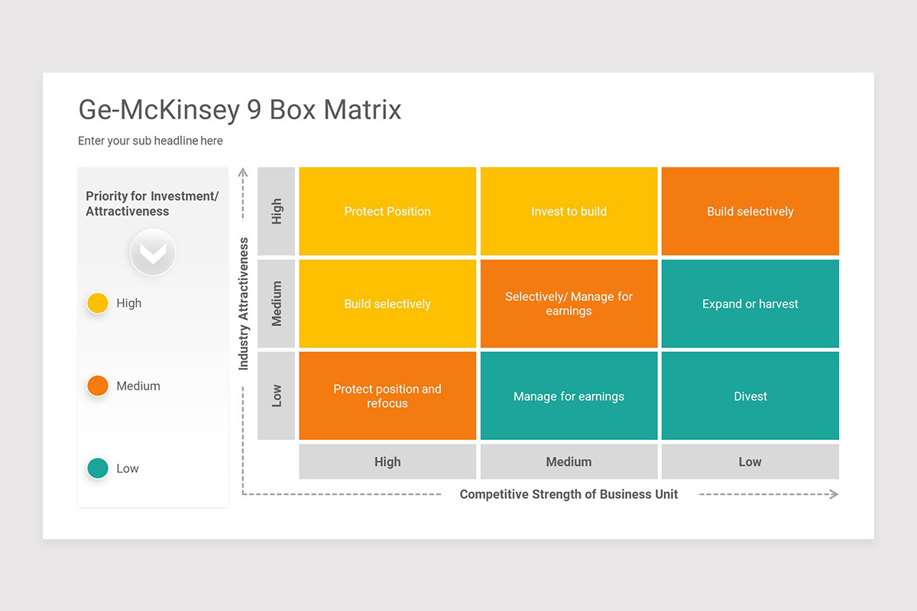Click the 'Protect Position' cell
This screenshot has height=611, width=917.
387,212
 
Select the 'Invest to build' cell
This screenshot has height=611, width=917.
569,212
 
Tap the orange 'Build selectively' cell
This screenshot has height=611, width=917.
750,212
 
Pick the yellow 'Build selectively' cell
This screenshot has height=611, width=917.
387,304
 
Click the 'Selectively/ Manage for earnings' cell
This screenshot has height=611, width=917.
569,304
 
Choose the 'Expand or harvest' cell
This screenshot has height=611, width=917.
750,304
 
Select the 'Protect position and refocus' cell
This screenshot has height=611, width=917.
387,396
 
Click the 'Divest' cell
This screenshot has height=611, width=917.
750,396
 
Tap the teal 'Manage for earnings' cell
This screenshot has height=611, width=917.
569,396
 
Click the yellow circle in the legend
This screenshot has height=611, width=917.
98,303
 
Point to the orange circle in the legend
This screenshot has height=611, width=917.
98,386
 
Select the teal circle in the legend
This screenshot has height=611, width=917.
98,468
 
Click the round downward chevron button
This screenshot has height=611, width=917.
153,253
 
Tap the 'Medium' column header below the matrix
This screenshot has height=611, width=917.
569,461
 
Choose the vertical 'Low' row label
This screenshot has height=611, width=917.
277,396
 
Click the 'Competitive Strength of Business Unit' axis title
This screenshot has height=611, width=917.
569,494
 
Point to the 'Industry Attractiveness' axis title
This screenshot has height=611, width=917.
244,304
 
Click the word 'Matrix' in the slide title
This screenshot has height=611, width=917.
362,110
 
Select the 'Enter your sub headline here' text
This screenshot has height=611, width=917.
151,141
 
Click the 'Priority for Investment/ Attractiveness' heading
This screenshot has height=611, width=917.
152,204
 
